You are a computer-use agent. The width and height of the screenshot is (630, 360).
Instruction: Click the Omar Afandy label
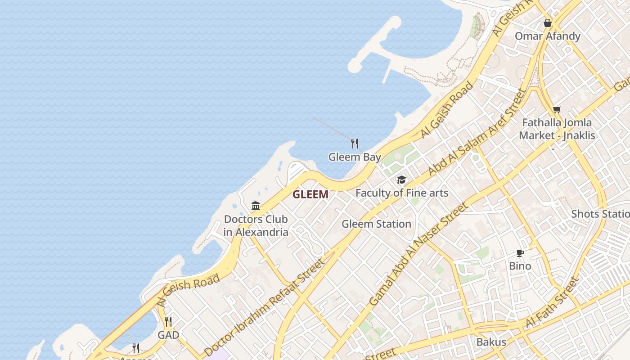click(x=547, y=36)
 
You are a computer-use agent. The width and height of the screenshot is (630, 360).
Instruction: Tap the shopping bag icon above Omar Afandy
click(x=547, y=22)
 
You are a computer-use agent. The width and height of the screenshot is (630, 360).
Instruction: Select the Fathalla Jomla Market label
click(x=557, y=129)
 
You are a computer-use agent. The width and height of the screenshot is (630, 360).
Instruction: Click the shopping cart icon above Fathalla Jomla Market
click(x=557, y=109)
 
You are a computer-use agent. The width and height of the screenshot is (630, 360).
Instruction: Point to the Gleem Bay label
click(x=355, y=157)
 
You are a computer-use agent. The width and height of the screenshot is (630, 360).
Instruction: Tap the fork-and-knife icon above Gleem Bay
click(x=355, y=144)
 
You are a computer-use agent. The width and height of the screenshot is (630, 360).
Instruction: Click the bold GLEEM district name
click(x=310, y=194)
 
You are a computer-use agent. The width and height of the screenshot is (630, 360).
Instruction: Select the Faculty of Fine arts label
click(x=402, y=193)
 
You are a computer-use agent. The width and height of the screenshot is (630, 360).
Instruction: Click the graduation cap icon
click(x=401, y=180)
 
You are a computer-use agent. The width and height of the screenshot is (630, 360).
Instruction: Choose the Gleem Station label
click(x=376, y=224)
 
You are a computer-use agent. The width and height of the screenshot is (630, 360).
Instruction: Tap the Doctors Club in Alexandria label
click(x=256, y=226)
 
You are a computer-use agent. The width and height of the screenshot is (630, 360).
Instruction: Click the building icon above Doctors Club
click(x=256, y=206)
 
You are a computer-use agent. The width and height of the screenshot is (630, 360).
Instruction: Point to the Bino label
click(x=520, y=266)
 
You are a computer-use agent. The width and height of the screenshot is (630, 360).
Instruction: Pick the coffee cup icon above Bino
click(x=520, y=253)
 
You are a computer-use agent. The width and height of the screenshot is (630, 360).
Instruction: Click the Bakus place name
click(x=491, y=342)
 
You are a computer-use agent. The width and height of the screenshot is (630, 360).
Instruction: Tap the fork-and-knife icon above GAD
click(x=168, y=321)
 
